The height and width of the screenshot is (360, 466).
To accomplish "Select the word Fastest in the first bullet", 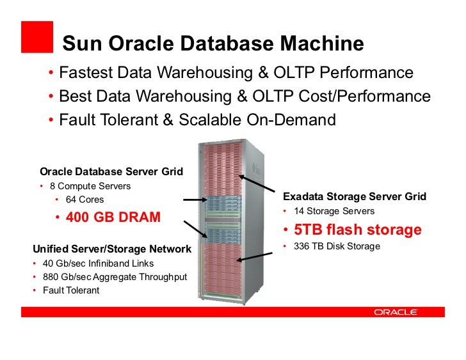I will pos(85,74).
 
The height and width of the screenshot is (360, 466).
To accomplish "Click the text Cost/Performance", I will pos(364,97).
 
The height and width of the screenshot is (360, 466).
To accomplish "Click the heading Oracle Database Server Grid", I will pos(111,171).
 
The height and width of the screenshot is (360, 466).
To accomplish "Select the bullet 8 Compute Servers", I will pos(90,186).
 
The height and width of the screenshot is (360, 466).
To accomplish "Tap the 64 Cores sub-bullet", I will pos(84,200).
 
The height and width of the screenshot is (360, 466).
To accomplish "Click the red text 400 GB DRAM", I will pos(113,217).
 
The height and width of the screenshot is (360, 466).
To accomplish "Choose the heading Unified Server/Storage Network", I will pos(112,249).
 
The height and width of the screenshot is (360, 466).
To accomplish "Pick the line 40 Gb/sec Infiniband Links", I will pos(98,263).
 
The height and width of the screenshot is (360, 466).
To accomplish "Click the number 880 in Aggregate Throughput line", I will pos(51,277).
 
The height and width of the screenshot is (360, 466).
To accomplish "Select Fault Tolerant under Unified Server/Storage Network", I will pos(71,290).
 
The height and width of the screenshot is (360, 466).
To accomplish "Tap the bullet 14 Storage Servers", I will pos(334,211).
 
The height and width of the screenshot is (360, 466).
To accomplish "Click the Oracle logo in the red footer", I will pos(395,312).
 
